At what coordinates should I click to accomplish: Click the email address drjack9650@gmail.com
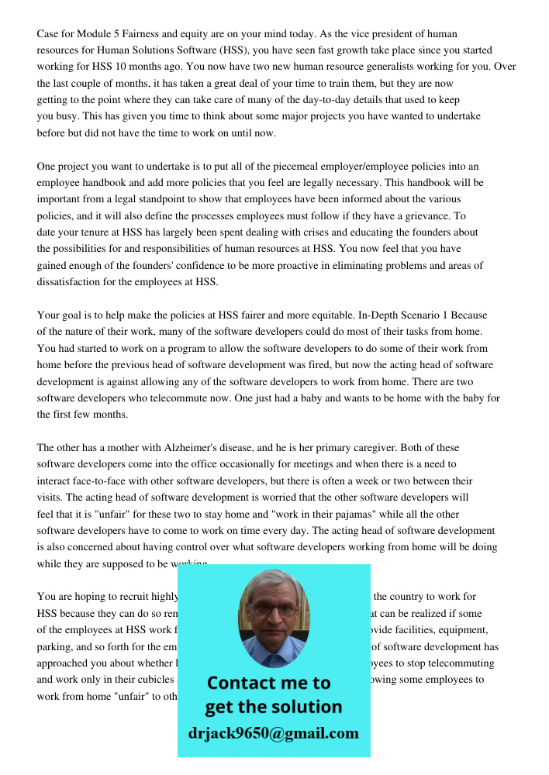(273, 733)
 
